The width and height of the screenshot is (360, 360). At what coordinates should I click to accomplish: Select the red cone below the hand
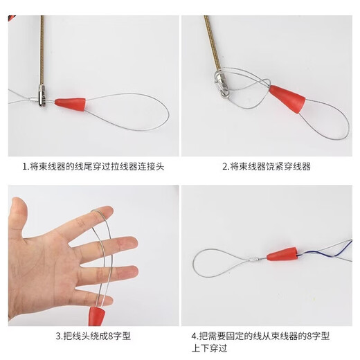click(x=96, y=317)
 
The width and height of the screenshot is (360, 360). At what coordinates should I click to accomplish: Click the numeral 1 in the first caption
click(x=24, y=167)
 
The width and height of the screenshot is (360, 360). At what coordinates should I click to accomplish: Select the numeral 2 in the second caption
click(x=225, y=167)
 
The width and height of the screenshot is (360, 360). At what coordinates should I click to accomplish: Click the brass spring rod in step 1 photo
click(x=42, y=48)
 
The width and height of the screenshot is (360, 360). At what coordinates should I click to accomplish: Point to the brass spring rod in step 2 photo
click(x=208, y=42)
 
